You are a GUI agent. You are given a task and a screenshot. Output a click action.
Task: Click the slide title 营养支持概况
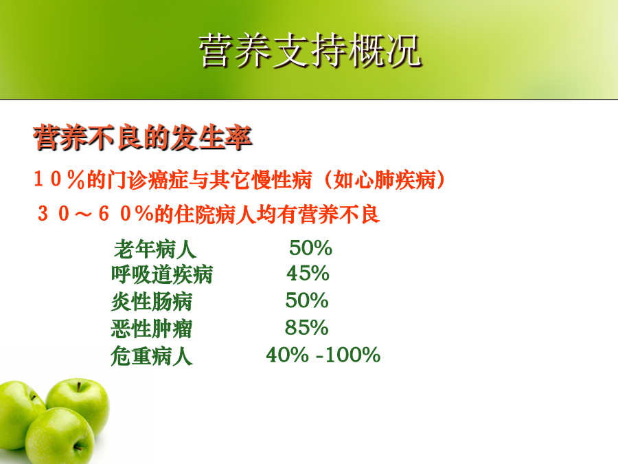click(310, 49)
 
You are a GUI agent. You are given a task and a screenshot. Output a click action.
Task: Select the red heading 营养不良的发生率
click(143, 137)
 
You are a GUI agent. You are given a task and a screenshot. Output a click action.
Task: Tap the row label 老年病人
click(155, 250)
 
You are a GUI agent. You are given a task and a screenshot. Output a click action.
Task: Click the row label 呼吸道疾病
click(162, 274)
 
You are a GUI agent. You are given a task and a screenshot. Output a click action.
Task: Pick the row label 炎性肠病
click(152, 302)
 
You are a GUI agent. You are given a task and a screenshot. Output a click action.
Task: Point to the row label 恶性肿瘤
click(152, 329)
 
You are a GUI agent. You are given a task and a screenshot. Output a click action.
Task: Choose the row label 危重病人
click(152, 356)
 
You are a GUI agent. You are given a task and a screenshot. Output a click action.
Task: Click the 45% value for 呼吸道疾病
click(308, 273)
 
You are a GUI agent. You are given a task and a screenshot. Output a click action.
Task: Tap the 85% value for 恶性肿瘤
click(307, 327)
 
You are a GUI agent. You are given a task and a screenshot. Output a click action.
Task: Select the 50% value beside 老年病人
click(310, 247)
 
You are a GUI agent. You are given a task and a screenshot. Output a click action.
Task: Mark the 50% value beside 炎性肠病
click(307, 300)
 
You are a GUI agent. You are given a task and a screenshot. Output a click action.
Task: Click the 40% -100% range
click(323, 354)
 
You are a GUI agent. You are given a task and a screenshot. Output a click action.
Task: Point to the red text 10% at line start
click(60, 179)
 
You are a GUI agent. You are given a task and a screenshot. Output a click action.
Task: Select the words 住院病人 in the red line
click(215, 214)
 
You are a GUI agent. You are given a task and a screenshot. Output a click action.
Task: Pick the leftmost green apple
click(20, 415)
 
